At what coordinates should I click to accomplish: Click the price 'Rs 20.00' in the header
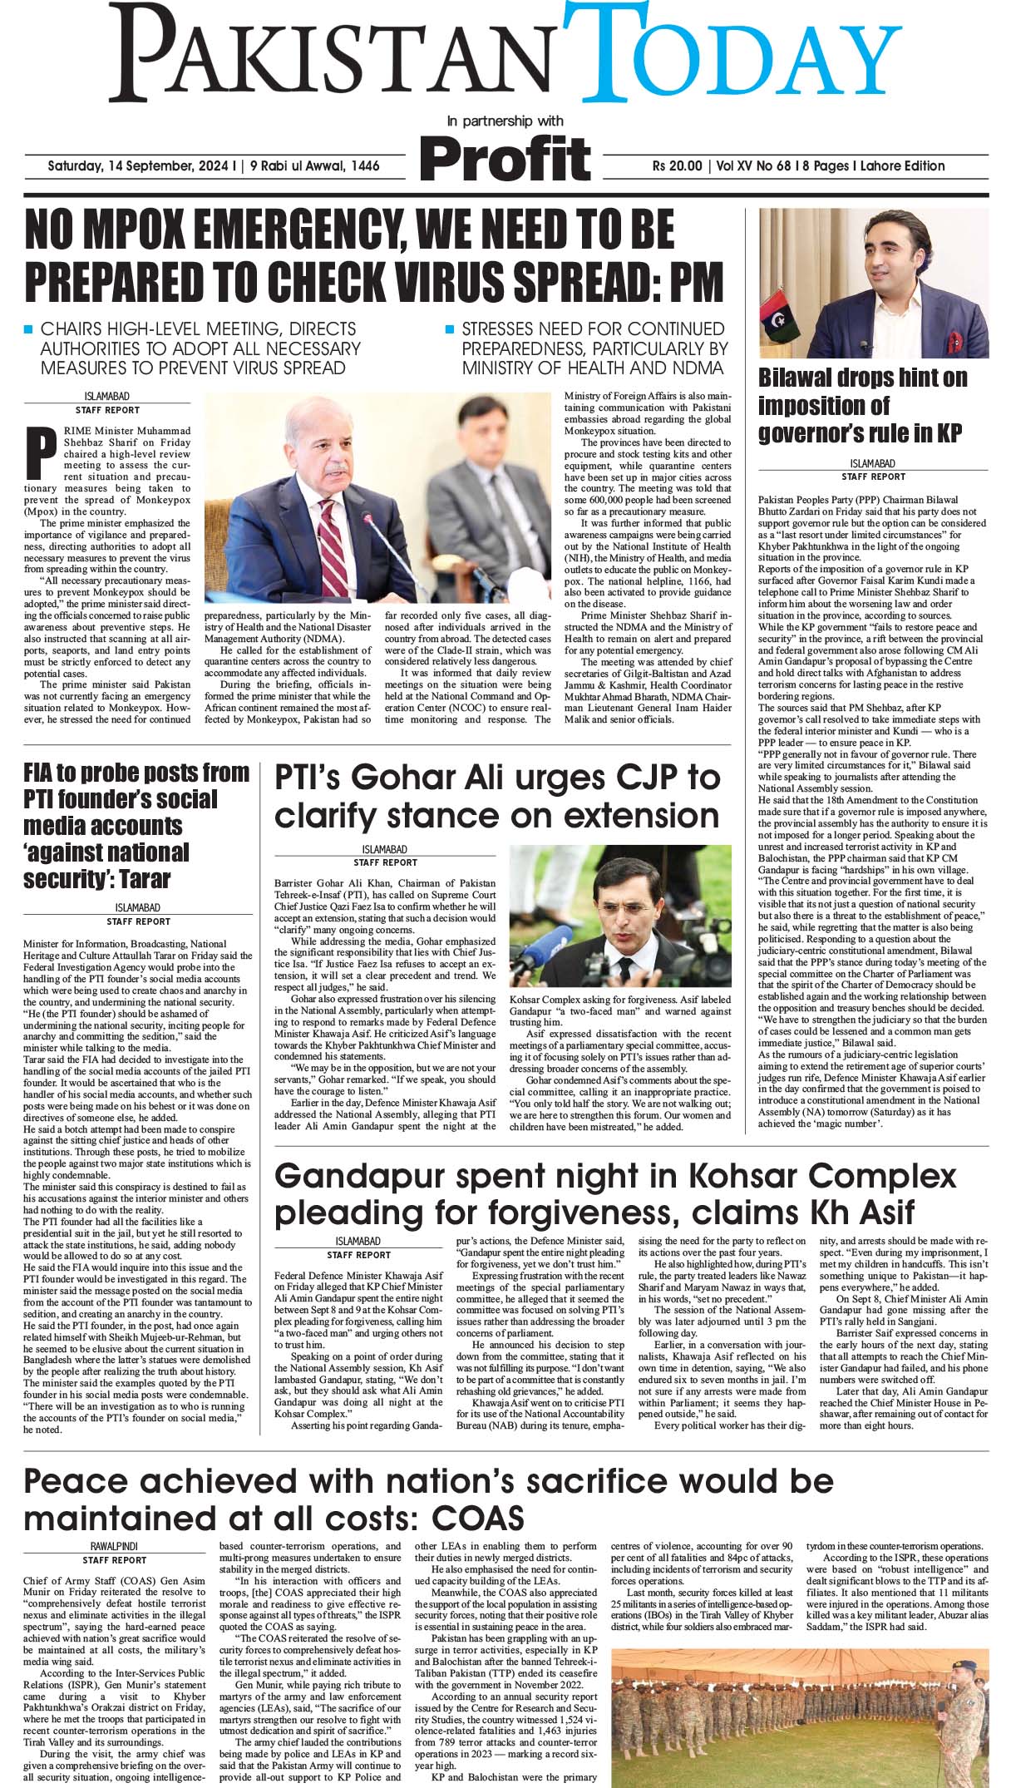pos(678,166)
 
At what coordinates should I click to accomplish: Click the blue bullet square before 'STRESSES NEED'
pos(450,328)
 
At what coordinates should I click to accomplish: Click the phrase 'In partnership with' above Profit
pos(505,121)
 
